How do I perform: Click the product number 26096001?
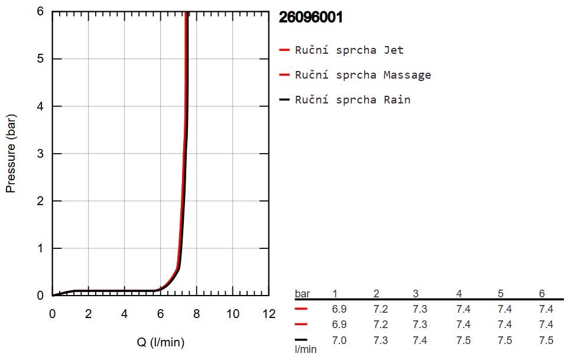pyautogui.click(x=311, y=17)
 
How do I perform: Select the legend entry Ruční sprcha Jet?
pyautogui.click(x=349, y=50)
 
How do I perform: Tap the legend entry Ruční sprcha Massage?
pyautogui.click(x=363, y=75)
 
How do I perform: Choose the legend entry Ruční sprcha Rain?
pyautogui.click(x=352, y=99)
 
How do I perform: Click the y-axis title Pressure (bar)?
pyautogui.click(x=11, y=154)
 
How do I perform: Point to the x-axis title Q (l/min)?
pyautogui.click(x=161, y=342)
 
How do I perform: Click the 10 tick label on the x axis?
pyautogui.click(x=233, y=314)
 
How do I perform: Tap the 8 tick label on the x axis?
pyautogui.click(x=197, y=314)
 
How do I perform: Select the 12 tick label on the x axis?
pyautogui.click(x=269, y=314)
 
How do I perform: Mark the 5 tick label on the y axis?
pyautogui.click(x=40, y=59)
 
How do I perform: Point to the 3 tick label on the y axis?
pyautogui.click(x=40, y=154)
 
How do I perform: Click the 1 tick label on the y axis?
pyautogui.click(x=40, y=248)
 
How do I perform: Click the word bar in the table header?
pyautogui.click(x=302, y=293)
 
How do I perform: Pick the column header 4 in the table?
pyautogui.click(x=459, y=293)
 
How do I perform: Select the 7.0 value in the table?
pyautogui.click(x=339, y=340)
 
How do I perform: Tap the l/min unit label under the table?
pyautogui.click(x=306, y=349)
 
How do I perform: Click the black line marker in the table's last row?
pyautogui.click(x=301, y=340)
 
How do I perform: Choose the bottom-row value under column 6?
pyautogui.click(x=546, y=340)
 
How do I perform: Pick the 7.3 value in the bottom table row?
pyautogui.click(x=381, y=340)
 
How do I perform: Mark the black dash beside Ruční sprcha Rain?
pyautogui.click(x=284, y=99)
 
